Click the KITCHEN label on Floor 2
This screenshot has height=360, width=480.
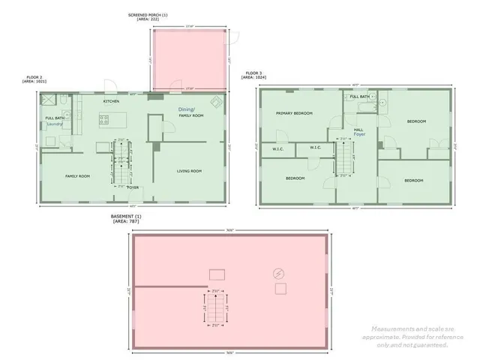(x=112, y=100)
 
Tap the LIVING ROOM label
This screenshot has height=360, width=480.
(x=190, y=171)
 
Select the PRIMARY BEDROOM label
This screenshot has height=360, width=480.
(x=294, y=114)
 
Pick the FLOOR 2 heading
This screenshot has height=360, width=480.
(x=34, y=76)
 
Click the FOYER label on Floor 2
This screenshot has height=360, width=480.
(x=133, y=187)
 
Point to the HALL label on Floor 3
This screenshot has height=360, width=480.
(x=358, y=129)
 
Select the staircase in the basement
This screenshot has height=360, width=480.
(x=216, y=307)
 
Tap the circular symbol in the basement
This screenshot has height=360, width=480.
(x=280, y=272)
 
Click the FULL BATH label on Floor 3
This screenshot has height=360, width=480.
(x=360, y=97)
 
